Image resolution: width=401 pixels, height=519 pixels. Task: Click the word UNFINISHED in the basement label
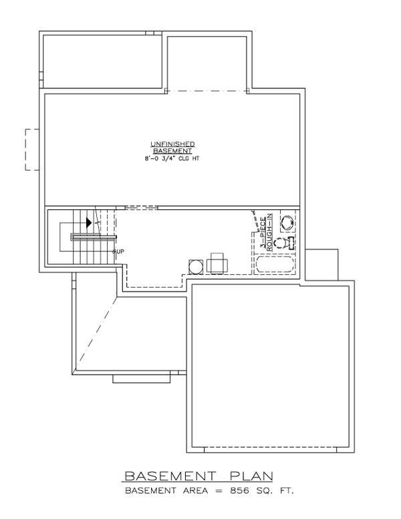tap(172, 144)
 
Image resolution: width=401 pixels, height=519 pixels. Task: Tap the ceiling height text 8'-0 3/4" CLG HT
tap(172, 159)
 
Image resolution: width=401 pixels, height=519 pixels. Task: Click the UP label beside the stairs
tap(120, 251)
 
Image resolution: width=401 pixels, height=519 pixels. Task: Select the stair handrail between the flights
tap(94, 237)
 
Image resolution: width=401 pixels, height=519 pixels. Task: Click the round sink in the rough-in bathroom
tap(287, 221)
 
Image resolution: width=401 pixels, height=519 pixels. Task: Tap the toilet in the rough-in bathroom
tap(284, 243)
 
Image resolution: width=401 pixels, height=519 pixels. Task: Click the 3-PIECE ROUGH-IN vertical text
tap(265, 231)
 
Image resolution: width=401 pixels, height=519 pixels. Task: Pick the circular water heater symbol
tap(196, 266)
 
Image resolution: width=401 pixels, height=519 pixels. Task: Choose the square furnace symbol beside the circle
tap(217, 264)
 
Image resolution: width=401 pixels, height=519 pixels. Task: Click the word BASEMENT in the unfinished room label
tap(172, 151)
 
